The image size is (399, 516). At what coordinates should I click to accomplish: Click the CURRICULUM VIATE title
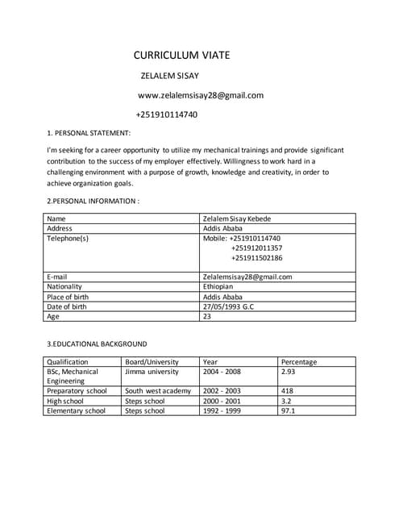tap(181, 55)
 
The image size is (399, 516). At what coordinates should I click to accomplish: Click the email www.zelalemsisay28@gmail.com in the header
tap(201, 95)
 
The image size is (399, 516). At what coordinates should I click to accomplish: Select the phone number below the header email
tap(166, 114)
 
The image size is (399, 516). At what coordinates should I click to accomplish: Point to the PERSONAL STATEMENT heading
tap(89, 133)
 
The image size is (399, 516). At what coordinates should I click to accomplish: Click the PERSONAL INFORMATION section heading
tap(93, 200)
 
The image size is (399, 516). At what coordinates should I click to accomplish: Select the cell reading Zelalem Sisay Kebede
tap(237, 218)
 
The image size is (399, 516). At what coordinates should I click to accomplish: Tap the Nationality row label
tap(67, 286)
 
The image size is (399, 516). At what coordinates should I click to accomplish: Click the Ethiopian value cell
tap(218, 286)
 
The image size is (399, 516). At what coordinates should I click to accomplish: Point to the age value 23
tap(207, 316)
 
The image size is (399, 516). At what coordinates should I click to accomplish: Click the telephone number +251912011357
tap(256, 248)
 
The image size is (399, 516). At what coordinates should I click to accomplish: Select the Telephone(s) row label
tap(68, 238)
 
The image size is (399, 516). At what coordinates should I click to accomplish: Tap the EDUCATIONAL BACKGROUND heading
tap(97, 343)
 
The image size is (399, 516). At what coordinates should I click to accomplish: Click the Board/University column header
tap(152, 362)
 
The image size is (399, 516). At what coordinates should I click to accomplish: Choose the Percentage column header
tap(299, 362)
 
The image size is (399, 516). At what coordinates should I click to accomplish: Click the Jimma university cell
tap(152, 372)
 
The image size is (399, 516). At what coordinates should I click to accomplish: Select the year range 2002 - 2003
tap(222, 391)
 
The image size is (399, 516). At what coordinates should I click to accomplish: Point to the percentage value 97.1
tap(288, 410)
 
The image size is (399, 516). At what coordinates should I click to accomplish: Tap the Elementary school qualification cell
tap(76, 410)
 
